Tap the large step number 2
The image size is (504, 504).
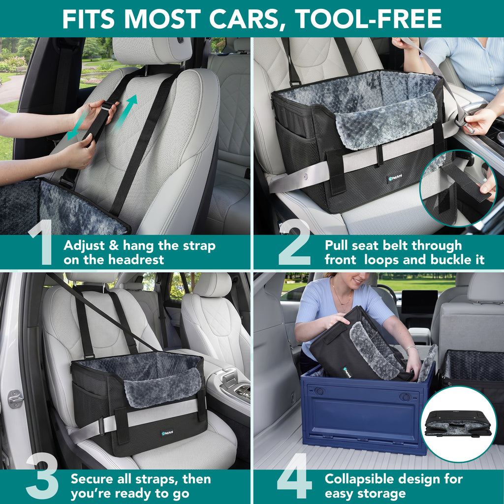(294, 242)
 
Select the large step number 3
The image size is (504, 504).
(42, 475)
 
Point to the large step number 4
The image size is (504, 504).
(294, 475)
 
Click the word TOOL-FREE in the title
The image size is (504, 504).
(368, 19)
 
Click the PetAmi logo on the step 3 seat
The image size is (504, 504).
(167, 433)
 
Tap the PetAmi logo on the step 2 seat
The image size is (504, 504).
(395, 178)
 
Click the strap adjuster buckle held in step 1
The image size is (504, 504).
(107, 106)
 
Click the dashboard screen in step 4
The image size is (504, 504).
(419, 302)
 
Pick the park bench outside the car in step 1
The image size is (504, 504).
(20, 70)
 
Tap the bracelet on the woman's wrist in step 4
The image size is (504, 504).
(410, 348)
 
